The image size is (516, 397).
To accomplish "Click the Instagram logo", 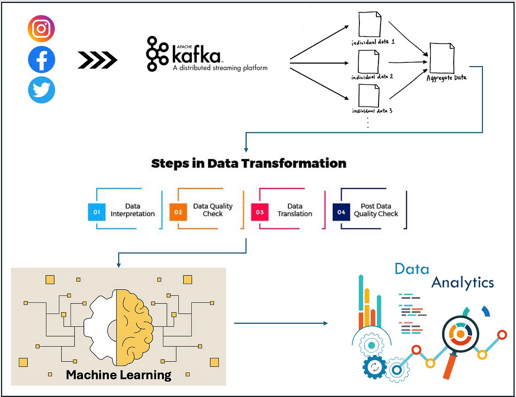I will click(x=41, y=29).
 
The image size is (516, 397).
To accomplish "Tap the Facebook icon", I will click(x=41, y=59).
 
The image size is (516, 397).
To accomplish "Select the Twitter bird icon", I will click(x=41, y=90).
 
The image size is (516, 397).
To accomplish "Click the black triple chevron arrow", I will click(x=98, y=60).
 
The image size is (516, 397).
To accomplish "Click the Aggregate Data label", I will click(x=446, y=78).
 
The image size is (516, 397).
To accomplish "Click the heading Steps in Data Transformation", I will click(x=249, y=163).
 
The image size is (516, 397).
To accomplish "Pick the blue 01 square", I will click(x=97, y=212).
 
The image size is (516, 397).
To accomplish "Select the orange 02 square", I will click(x=178, y=212).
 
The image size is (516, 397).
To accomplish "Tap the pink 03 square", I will click(x=259, y=212).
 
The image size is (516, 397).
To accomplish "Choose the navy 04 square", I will click(x=341, y=212).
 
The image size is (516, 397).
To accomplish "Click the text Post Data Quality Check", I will click(x=376, y=210).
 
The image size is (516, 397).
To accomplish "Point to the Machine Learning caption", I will click(x=119, y=374).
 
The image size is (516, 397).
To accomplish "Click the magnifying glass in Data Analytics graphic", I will click(x=459, y=335).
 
